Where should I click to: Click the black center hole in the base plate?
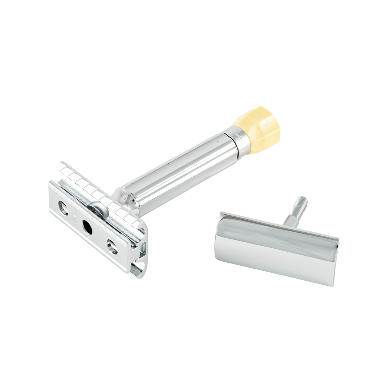point(87,227)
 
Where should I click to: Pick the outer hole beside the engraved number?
point(63,208)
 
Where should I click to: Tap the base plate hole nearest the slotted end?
point(112,246)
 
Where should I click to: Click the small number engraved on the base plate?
point(76,217)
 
